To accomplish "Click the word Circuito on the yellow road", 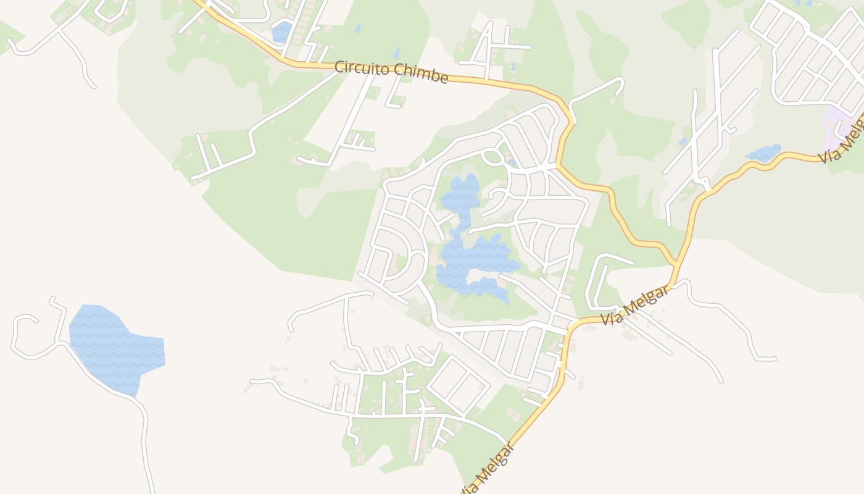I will [359, 67].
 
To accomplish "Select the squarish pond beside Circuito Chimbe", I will [282, 31].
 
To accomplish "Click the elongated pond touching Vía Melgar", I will [764, 153].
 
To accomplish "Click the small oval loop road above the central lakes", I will [492, 157].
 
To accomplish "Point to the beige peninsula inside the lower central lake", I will [488, 273].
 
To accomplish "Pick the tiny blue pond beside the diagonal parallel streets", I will [682, 143].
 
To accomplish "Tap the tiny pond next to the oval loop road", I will [511, 163].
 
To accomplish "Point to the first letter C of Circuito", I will [339, 65].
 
